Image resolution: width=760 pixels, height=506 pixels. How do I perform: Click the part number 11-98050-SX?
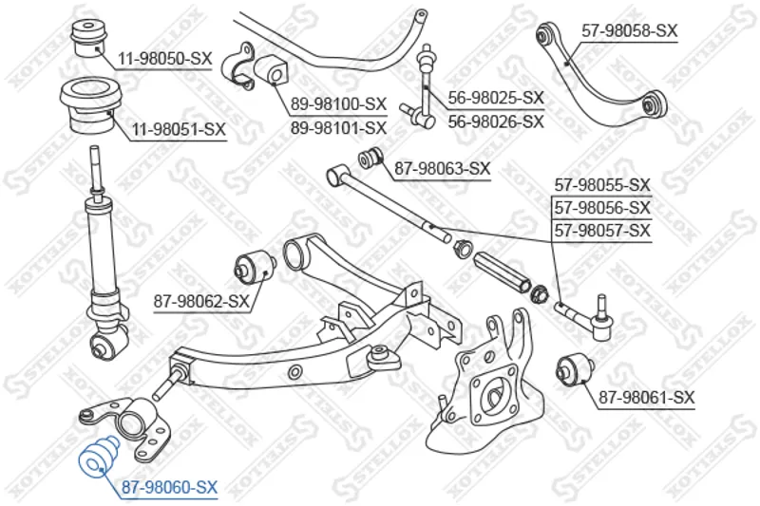click(165, 59)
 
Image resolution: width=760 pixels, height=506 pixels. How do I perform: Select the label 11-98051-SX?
click(179, 129)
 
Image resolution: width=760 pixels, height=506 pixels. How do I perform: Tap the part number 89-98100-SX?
click(339, 103)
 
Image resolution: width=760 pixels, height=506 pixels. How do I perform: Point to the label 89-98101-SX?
click(339, 128)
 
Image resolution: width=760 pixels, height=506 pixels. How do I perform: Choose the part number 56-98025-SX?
click(496, 98)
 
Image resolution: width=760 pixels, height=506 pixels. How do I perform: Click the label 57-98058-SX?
click(629, 31)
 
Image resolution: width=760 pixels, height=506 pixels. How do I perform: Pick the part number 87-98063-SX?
click(443, 168)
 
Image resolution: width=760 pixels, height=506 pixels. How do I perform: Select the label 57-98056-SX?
click(602, 208)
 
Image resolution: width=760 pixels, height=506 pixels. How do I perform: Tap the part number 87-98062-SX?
click(201, 301)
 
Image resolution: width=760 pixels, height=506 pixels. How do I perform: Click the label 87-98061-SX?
click(647, 398)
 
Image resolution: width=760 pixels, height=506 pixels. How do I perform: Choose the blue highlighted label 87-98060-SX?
click(169, 487)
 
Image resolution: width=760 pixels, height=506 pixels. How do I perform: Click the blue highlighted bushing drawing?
click(99, 458)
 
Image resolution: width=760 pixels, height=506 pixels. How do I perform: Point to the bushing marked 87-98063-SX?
click(370, 157)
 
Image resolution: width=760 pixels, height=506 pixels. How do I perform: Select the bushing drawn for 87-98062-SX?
click(255, 267)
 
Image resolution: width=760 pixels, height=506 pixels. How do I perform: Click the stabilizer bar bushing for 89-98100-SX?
click(271, 70)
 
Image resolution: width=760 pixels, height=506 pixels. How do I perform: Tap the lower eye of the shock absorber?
click(109, 345)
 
